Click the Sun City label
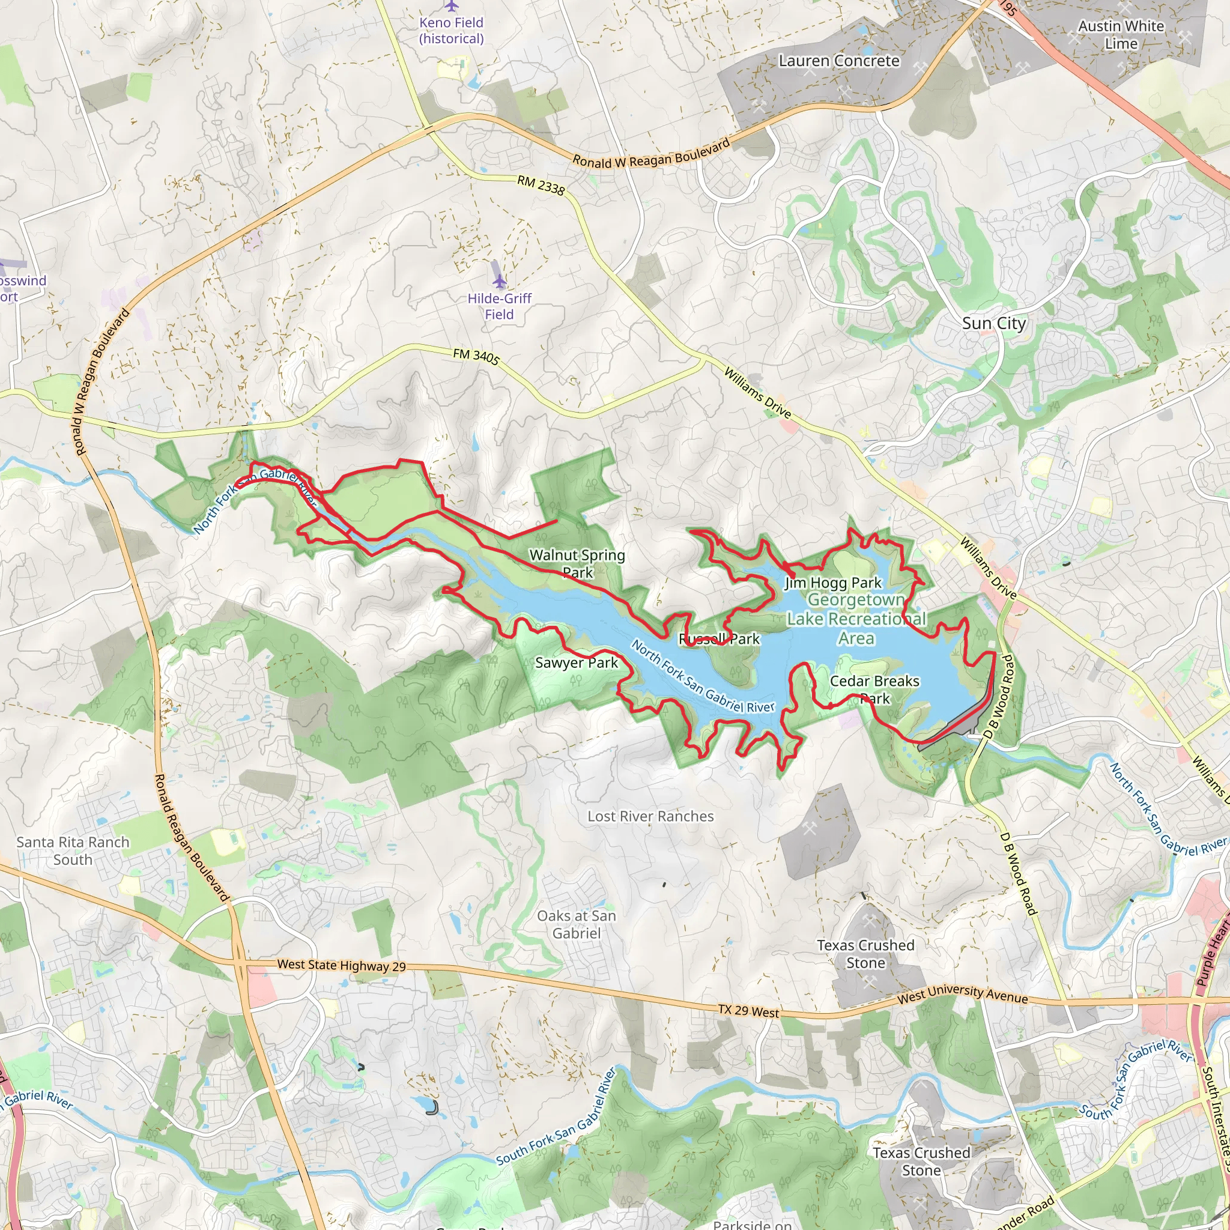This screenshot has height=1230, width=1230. [993, 324]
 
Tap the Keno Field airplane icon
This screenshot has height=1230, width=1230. [452, 7]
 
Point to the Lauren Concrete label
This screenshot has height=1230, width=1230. [838, 61]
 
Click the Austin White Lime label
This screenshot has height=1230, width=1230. [1121, 35]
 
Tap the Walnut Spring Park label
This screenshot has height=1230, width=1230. [577, 563]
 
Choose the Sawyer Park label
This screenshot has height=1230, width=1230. [576, 663]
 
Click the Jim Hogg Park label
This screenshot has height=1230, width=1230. [833, 583]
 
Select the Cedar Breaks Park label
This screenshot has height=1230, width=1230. [874, 689]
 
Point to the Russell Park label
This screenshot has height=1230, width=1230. [719, 638]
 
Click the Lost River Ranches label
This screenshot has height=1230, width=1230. [650, 816]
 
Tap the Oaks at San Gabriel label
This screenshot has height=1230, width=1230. [576, 924]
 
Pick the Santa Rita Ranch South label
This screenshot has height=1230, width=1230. [73, 850]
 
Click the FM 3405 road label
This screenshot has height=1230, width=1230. [476, 356]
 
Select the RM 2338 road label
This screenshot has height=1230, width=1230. [541, 185]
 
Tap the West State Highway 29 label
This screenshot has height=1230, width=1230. [341, 965]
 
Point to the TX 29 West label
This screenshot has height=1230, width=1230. [748, 1010]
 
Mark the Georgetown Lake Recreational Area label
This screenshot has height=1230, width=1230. [856, 619]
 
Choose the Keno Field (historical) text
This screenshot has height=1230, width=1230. [452, 31]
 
